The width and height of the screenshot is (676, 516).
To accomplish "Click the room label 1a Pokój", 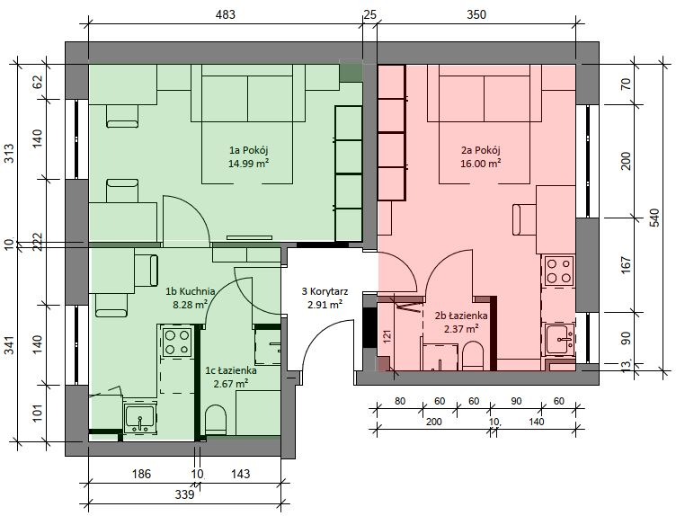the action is tap(249, 150).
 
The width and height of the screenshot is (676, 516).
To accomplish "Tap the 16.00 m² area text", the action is tap(480, 164).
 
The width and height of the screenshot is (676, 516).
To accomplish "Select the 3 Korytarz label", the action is tap(325, 291).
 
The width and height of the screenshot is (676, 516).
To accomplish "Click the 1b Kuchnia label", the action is tap(191, 291).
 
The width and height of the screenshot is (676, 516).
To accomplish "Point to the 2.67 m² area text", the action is tap(230, 383).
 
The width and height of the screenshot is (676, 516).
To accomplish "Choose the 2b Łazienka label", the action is tap(461, 316).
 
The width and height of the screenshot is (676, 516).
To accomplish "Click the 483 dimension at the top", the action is tap(225, 14).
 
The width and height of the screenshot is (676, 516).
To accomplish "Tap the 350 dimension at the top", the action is tap(476, 14).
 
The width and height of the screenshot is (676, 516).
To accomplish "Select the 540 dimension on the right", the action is tap(654, 218).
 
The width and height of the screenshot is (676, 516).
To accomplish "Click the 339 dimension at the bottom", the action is tap(184, 494).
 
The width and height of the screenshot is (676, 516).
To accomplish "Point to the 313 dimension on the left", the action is tap(9, 154).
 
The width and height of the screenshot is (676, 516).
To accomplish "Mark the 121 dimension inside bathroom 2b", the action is tap(387, 337).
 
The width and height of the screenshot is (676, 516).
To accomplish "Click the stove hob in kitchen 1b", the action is tap(177, 343).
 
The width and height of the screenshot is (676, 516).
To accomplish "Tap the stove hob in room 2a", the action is tap(559, 271).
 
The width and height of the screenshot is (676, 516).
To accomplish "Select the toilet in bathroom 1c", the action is tap(216, 420).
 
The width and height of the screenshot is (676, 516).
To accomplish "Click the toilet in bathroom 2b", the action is tap(473, 356).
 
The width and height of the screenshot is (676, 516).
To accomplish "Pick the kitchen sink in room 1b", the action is tap(139, 418).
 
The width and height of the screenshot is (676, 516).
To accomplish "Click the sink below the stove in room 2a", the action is tap(559, 339).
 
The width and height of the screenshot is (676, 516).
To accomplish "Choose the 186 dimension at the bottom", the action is tap(141, 474).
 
